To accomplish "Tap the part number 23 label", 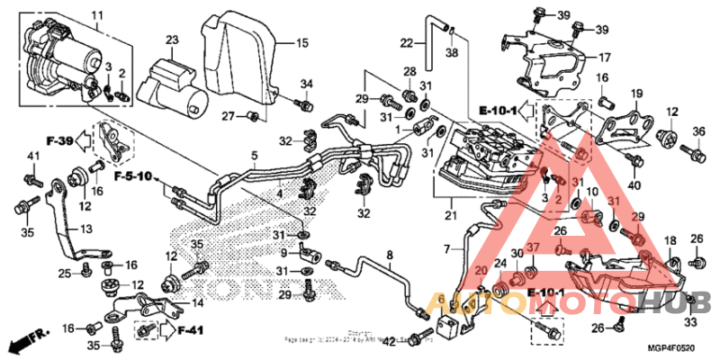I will (x=172, y=39).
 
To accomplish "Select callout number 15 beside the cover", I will (x=302, y=42).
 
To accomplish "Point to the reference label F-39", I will (x=58, y=140).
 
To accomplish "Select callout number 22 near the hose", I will (x=407, y=42).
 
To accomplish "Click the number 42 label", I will (x=389, y=341).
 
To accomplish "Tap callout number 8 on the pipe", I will (x=390, y=256).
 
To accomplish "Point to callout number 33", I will (x=690, y=322).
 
